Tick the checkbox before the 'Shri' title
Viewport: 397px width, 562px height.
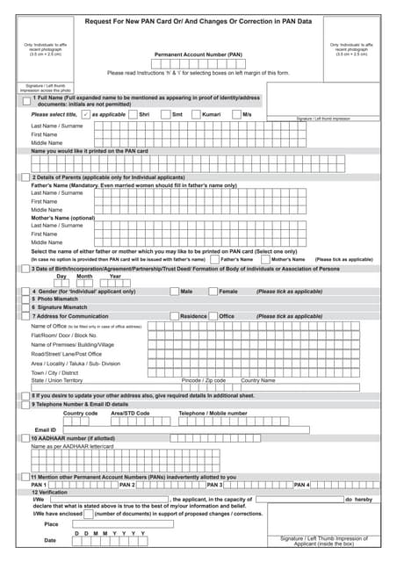[x=133, y=114]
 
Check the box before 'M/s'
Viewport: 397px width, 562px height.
[x=236, y=114]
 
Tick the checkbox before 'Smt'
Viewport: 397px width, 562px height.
[x=164, y=114]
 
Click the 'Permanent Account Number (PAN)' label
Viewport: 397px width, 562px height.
[x=198, y=54]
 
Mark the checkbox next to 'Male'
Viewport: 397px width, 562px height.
[x=173, y=291]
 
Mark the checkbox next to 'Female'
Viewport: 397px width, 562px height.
[x=213, y=291]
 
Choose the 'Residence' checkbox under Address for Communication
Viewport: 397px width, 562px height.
[x=173, y=316]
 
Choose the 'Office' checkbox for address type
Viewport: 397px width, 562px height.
[x=213, y=316]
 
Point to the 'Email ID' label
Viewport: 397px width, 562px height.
[x=45, y=429]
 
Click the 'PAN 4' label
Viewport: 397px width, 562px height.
[x=301, y=485]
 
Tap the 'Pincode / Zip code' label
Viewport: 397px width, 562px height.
[x=203, y=380]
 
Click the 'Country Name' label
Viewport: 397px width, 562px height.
[x=257, y=380]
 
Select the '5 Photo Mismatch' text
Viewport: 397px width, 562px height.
[x=58, y=299]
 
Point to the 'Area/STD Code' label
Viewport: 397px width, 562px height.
[x=130, y=413]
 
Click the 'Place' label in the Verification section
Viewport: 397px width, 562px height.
[x=51, y=523]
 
